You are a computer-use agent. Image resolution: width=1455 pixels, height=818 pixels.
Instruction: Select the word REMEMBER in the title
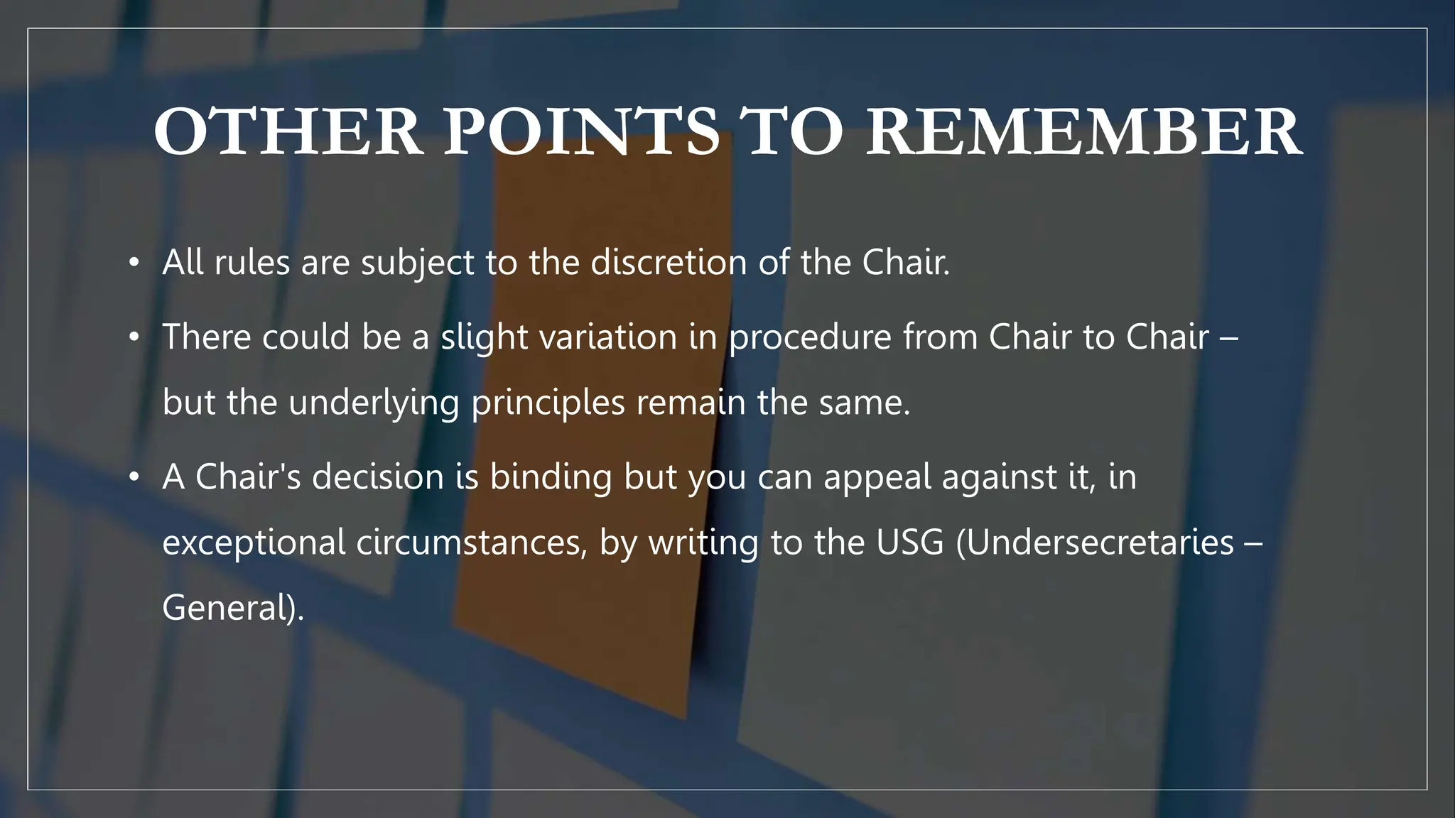tap(1083, 132)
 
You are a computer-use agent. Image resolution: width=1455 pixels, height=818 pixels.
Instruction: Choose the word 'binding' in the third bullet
tap(551, 477)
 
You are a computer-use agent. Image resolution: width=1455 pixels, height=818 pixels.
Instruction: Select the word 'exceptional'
tap(254, 543)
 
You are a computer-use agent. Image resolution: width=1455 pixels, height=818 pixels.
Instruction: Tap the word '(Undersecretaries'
tap(1095, 543)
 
